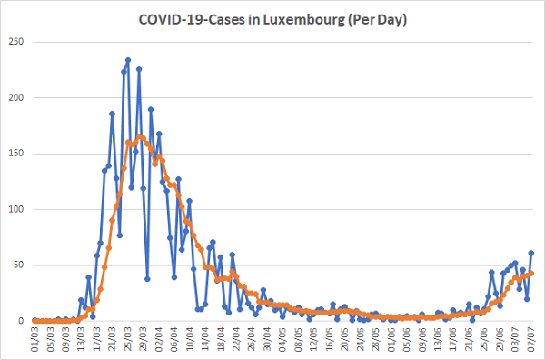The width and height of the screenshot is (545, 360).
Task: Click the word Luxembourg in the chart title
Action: pos(302,20)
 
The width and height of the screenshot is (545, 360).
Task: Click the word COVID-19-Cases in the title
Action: pos(192,19)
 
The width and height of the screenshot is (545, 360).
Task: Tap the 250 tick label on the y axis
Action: pos(16,42)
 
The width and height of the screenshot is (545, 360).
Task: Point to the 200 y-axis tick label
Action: pos(16,98)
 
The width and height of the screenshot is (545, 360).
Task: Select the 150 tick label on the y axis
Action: pos(16,154)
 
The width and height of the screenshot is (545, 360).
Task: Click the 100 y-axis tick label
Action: pos(16,209)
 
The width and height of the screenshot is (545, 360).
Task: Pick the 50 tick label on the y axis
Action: pos(19,265)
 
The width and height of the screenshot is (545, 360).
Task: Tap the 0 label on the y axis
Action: pos(21,321)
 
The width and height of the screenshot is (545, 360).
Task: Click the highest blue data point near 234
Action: pos(128,60)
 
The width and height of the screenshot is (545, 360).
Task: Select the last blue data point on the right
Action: pos(531,253)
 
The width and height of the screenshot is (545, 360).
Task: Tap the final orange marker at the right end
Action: pos(531,274)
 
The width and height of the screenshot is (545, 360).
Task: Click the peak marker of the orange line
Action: pos(139,136)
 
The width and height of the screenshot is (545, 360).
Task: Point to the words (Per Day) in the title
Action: pos(378,20)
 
